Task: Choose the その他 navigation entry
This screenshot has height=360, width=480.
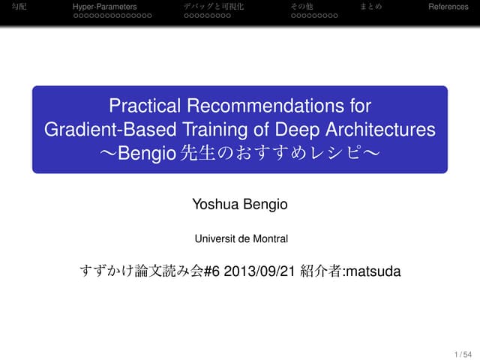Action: pos(301,7)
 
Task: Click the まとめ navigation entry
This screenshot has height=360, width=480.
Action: pos(370,7)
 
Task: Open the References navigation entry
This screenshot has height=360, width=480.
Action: pos(448,7)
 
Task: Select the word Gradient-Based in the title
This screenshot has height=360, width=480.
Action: pos(97,129)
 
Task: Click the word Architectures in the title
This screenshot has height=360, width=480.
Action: pos(379,129)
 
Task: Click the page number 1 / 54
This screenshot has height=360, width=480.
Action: pos(463,353)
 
